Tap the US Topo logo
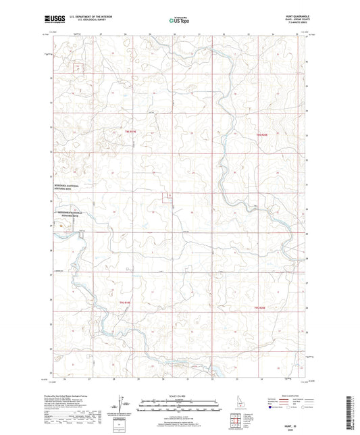click(179, 20)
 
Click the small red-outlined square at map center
click(165, 197)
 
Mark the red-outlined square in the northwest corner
click(80, 68)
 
